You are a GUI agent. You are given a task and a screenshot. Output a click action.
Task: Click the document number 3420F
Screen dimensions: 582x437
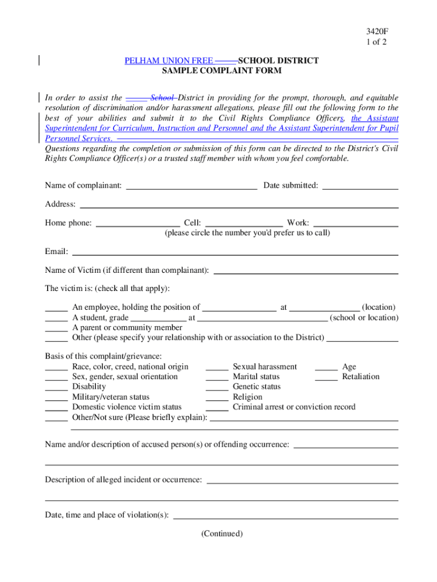coord(377,31)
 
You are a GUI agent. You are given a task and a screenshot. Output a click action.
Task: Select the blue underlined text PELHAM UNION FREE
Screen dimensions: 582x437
coord(169,60)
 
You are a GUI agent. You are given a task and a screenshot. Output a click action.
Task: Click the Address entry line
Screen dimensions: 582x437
coord(238,205)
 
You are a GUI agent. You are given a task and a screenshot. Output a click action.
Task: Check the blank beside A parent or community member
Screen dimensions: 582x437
coord(56,329)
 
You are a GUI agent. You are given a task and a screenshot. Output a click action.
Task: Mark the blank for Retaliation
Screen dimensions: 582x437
coord(326,377)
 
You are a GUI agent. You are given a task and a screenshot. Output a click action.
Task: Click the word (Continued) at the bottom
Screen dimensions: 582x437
coord(221,534)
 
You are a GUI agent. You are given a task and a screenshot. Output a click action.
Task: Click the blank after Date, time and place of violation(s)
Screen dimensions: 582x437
coord(285,516)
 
